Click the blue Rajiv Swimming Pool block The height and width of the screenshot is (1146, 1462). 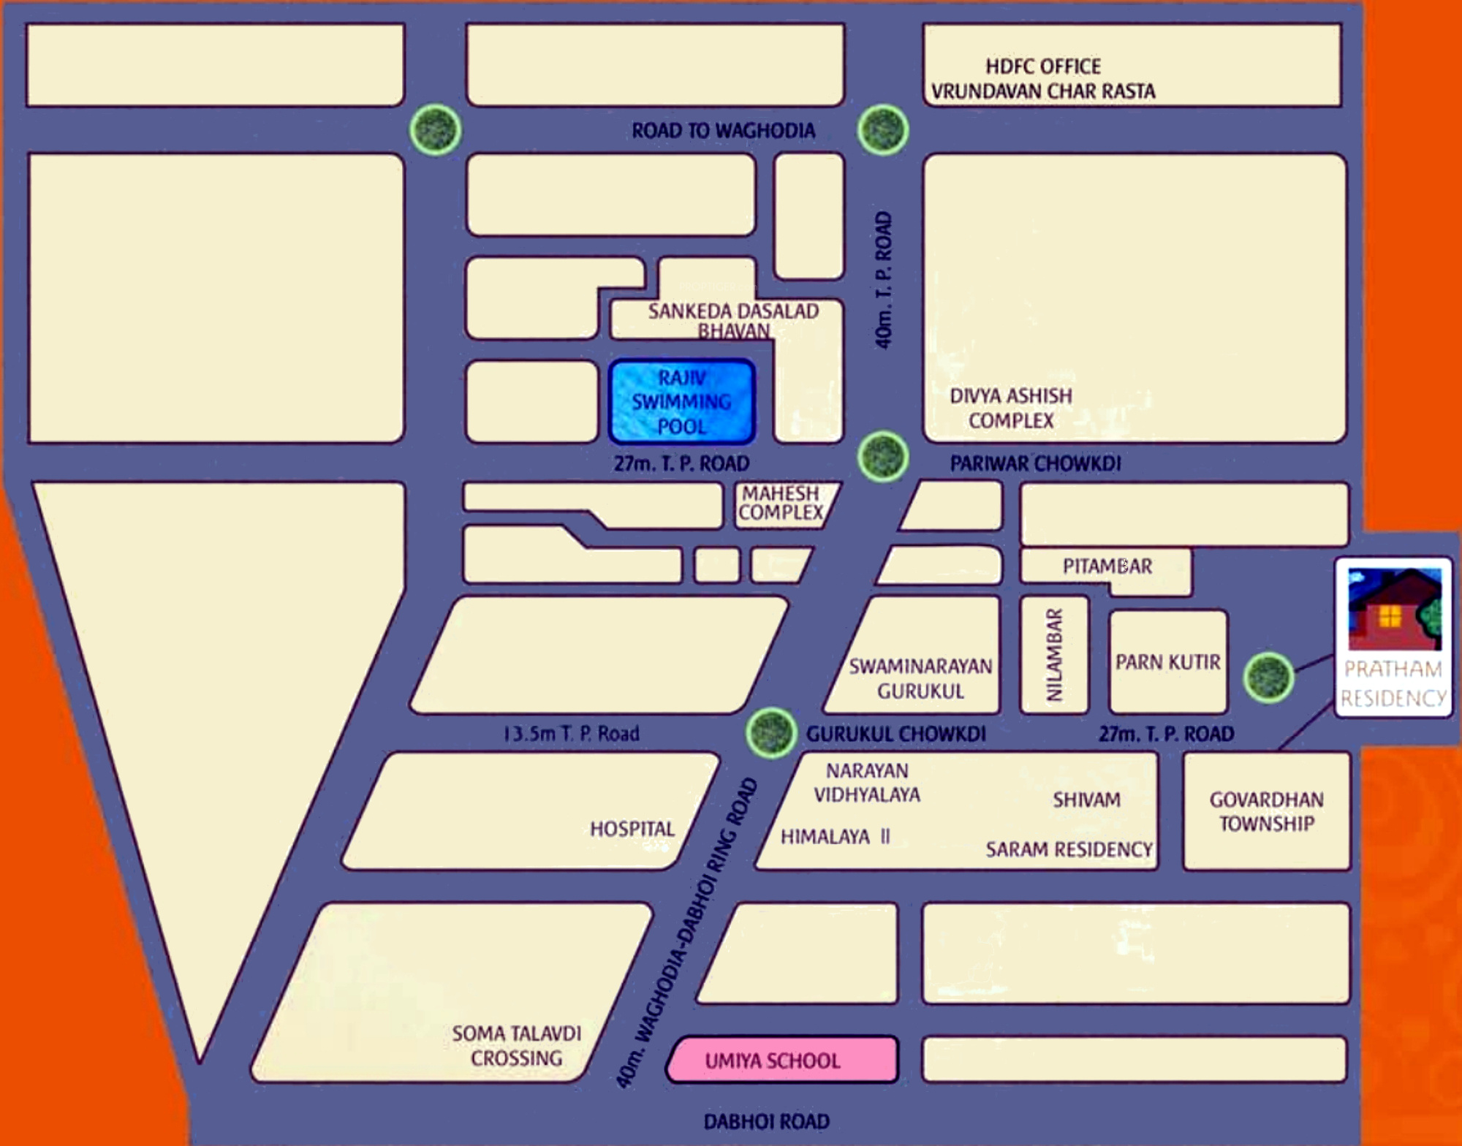681,401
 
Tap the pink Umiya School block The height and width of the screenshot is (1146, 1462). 782,1060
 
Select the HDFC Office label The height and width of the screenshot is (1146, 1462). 1043,67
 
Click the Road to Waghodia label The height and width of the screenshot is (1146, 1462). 723,131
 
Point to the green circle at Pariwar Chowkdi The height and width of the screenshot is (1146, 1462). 883,457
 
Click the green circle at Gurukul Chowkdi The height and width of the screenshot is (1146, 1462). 771,732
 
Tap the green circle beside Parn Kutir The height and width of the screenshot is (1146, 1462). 1268,678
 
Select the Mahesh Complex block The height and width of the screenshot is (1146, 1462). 782,504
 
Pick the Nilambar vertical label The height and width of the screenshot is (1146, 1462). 1053,656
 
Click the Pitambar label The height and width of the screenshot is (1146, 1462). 1107,566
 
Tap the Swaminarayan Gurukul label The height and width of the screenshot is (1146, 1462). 920,678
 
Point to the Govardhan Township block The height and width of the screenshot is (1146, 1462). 1266,811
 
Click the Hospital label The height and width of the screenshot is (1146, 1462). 632,829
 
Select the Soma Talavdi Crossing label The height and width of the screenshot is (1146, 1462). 517,1046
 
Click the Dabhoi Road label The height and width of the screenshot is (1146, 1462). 766,1122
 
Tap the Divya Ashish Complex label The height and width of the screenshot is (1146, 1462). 1011,408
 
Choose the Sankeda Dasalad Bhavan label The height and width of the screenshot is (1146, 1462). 733,320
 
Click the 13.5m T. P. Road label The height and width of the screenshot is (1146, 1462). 572,734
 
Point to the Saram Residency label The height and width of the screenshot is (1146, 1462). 1069,849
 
